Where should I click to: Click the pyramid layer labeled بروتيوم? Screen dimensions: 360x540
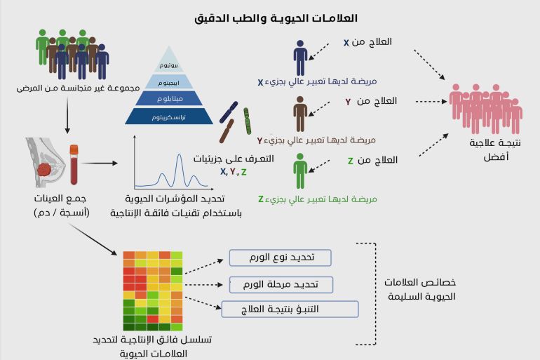(x=169, y=65)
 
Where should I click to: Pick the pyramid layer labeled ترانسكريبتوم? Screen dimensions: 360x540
(x=169, y=117)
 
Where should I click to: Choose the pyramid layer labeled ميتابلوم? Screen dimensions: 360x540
(x=169, y=99)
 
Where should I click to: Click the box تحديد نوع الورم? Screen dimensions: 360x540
(x=280, y=258)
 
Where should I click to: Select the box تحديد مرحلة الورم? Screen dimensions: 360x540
(x=281, y=284)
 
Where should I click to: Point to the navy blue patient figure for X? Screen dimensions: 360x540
(x=300, y=58)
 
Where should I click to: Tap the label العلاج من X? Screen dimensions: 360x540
(x=367, y=43)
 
